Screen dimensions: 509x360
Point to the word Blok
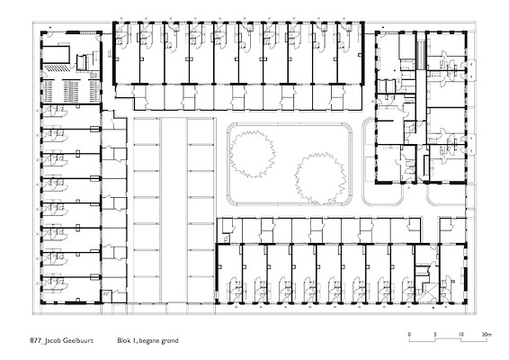click(123, 341)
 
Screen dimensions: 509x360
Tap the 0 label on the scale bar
click(409, 334)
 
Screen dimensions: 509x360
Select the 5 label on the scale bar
click(435, 334)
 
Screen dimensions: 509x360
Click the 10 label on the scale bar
click(460, 334)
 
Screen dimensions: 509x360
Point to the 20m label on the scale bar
click(487, 334)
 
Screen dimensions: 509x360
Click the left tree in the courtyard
click(252, 154)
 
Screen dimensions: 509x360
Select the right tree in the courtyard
click(320, 179)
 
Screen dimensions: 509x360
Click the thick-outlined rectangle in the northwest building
click(57, 55)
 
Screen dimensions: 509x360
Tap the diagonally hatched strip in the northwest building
click(58, 67)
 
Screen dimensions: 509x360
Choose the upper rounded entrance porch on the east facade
click(470, 69)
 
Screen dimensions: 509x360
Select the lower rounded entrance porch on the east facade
click(470, 144)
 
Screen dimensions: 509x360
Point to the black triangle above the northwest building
click(51, 28)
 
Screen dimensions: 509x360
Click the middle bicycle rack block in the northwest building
click(71, 91)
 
